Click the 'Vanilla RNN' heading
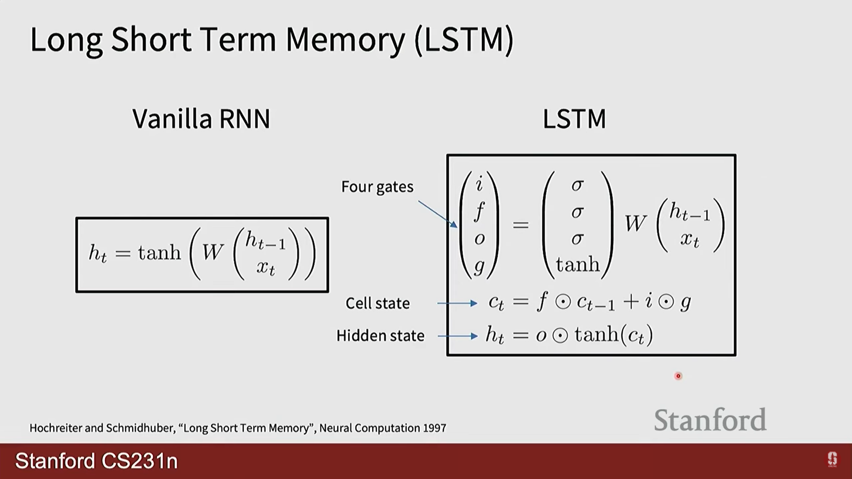coord(201,119)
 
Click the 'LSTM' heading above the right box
coord(574,119)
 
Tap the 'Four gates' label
coord(377,187)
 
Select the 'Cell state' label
coord(378,303)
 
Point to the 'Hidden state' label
coord(380,336)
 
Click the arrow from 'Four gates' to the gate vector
coord(438,214)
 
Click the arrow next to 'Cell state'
coord(457,303)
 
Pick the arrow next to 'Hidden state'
coord(458,336)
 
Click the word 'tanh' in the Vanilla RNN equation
coord(159,253)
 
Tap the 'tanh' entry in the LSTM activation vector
coord(578,265)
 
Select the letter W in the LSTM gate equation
coord(635,223)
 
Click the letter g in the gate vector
coord(479,266)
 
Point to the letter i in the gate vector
coord(479,184)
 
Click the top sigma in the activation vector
coord(577,185)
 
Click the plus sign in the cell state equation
coord(631,302)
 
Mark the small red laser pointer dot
coord(678,376)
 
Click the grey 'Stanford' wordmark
coord(710,420)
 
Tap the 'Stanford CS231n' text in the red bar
coord(96,461)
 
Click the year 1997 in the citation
coord(434,428)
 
